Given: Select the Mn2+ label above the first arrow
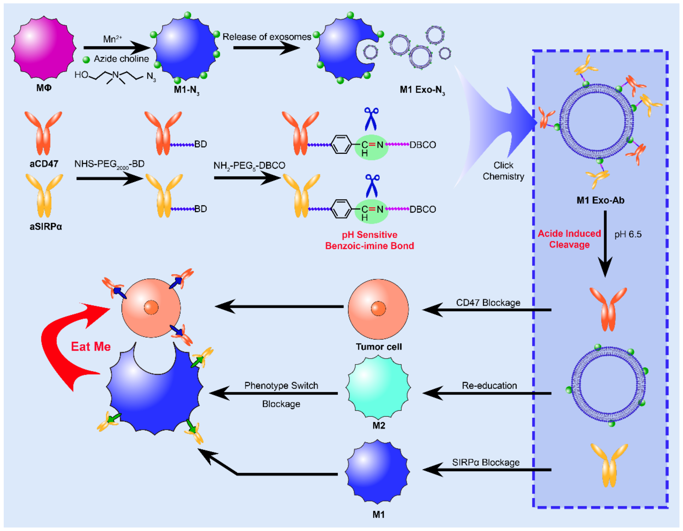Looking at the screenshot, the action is coord(113,39).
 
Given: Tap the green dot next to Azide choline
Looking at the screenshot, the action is coord(86,60).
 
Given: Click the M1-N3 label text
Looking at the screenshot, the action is coord(187,90).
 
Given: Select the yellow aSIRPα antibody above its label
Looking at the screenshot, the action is coord(44,196).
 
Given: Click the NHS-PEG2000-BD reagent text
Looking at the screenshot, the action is coord(110,164).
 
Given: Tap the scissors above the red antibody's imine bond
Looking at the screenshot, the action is coord(371,119).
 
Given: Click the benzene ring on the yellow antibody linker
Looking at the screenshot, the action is coord(341,209).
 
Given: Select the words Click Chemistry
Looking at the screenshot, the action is coord(503,171).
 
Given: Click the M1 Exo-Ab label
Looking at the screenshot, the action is coord(600,200).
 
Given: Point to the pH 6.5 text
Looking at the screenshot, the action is coord(628,234).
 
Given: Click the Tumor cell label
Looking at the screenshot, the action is coord(379,347).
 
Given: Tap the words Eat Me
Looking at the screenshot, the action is coord(91,347).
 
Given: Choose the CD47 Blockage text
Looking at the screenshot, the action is coord(488,303).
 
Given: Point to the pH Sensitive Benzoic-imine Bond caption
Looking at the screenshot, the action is coord(370,240).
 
